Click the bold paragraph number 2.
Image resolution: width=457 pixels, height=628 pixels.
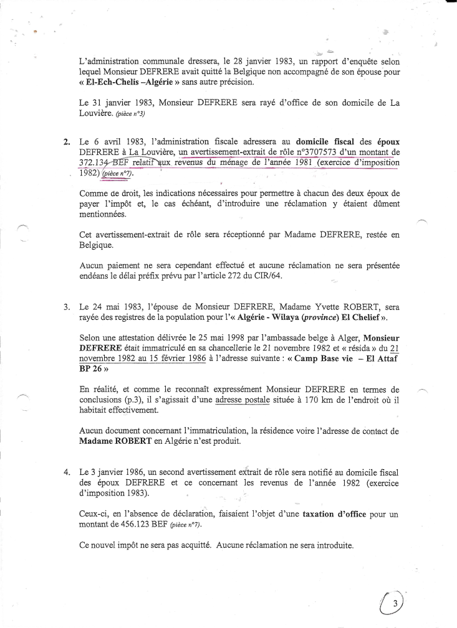point(67,141)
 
